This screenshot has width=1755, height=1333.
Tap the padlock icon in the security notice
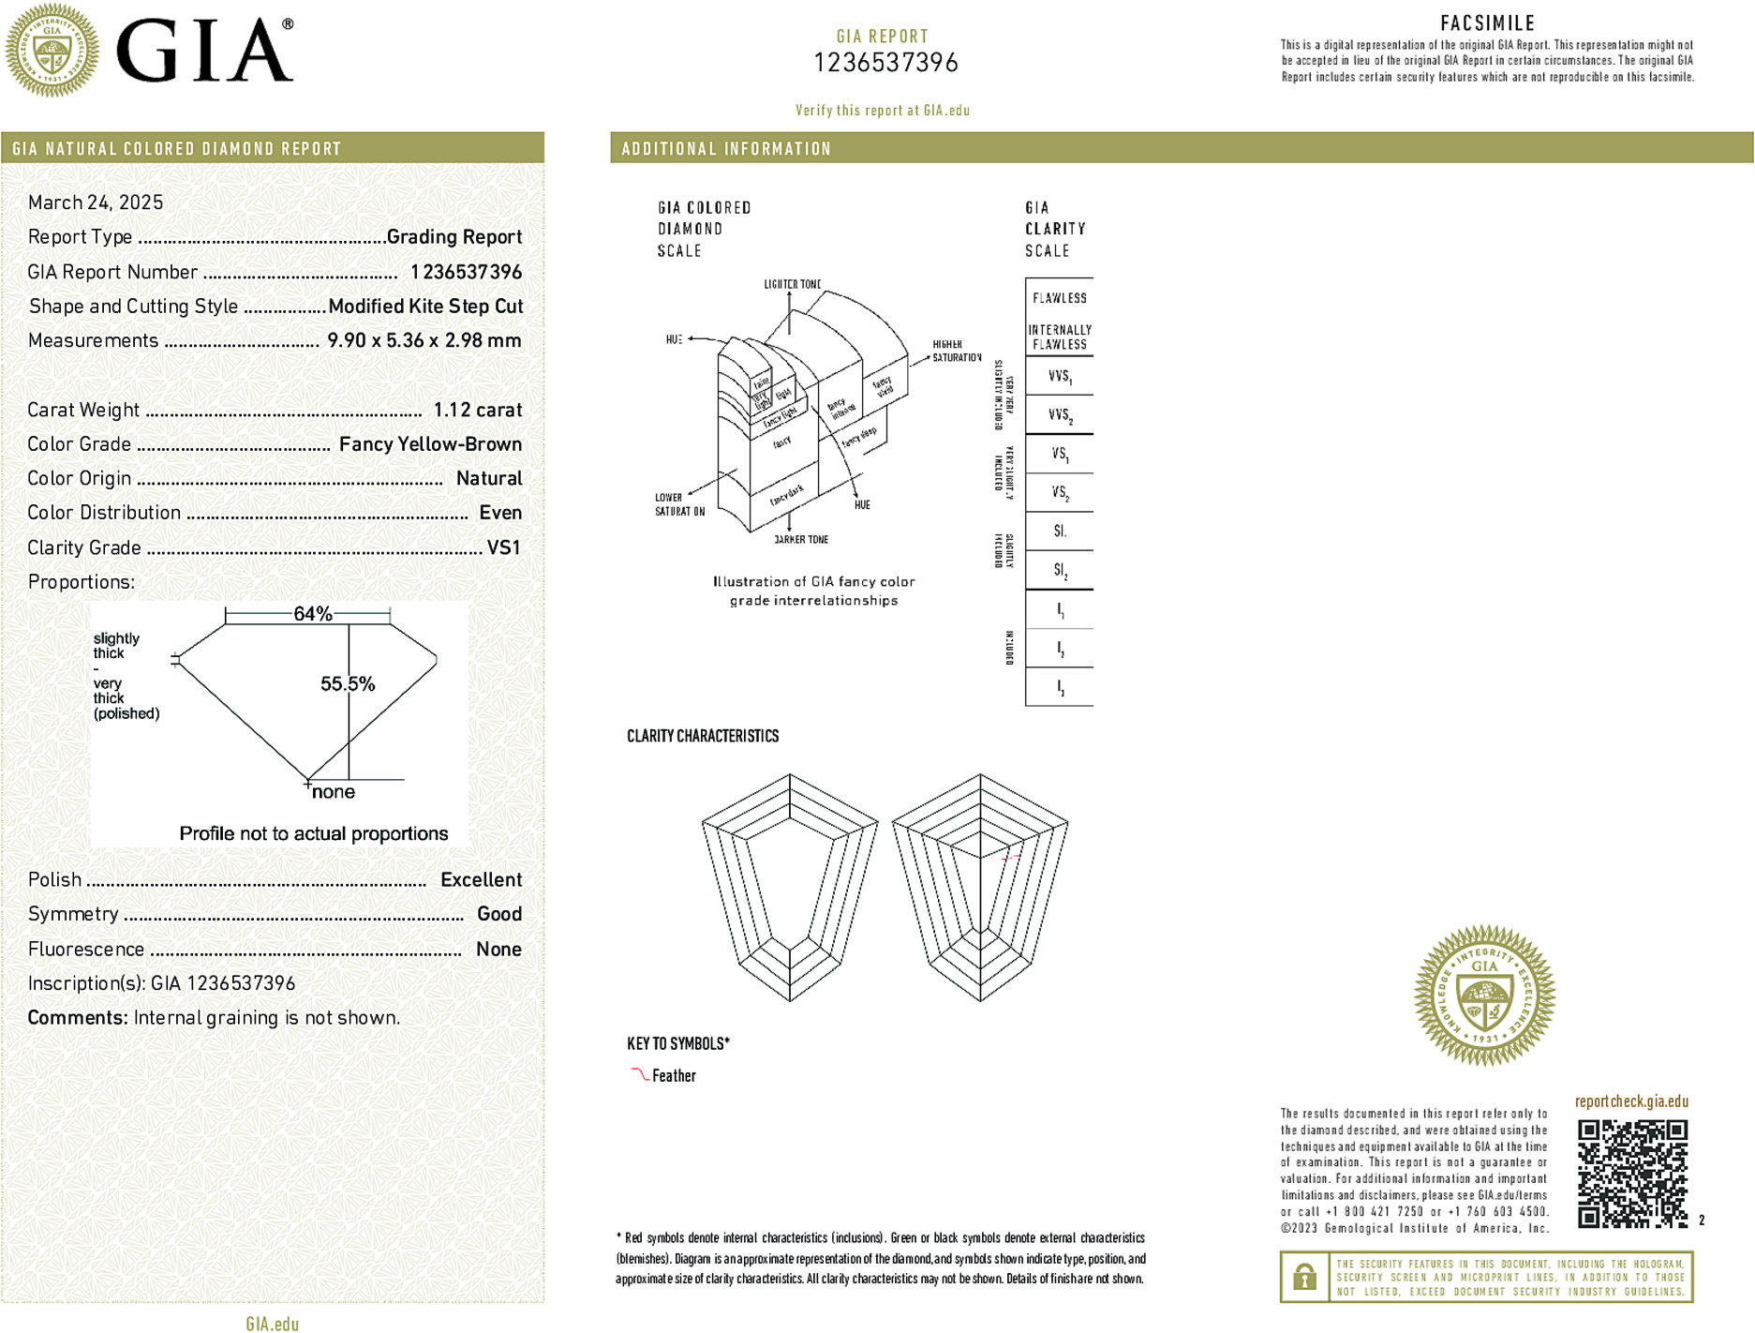(1303, 1277)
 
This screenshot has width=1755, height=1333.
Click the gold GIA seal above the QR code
(1484, 996)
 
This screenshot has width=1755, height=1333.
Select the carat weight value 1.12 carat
(477, 410)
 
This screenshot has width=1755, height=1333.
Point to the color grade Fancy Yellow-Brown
(430, 444)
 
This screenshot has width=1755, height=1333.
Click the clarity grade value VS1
(503, 547)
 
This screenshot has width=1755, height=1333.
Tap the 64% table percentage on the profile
(313, 614)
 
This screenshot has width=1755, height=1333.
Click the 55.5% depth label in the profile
(348, 684)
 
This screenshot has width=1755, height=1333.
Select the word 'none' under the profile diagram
(333, 792)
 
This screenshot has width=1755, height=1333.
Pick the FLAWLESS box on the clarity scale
(1060, 298)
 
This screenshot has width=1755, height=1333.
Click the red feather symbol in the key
(640, 1074)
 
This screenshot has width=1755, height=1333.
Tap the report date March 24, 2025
(96, 202)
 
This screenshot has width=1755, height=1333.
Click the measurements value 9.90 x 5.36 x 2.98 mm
(424, 340)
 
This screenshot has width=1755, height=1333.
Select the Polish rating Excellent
(481, 879)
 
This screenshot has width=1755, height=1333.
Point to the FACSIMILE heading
(1487, 23)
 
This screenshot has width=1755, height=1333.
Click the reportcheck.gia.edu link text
(1631, 1101)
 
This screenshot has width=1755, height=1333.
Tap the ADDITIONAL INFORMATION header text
(726, 149)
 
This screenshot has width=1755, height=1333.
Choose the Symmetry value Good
(499, 914)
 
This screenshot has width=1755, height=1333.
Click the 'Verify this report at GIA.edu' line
(883, 111)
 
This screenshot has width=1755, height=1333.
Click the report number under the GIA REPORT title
(885, 63)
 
